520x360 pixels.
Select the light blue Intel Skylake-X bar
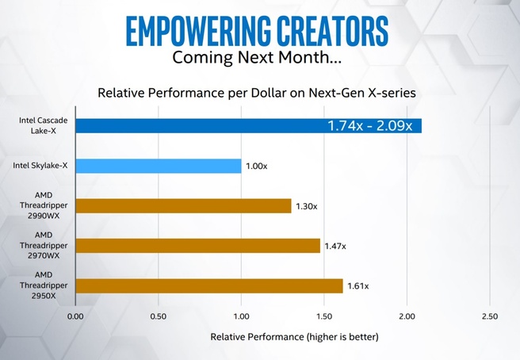(158, 166)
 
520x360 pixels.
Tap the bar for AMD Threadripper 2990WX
(183, 206)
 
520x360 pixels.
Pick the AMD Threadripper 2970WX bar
(197, 246)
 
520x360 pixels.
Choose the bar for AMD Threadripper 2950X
(208, 286)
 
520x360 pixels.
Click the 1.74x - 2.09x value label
(369, 125)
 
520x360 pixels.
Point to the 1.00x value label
(256, 166)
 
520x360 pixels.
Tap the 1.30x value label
(306, 206)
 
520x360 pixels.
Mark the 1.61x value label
(358, 286)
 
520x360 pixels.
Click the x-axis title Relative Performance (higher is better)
(295, 337)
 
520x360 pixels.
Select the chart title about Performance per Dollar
(256, 93)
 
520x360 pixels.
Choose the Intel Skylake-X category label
(39, 166)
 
